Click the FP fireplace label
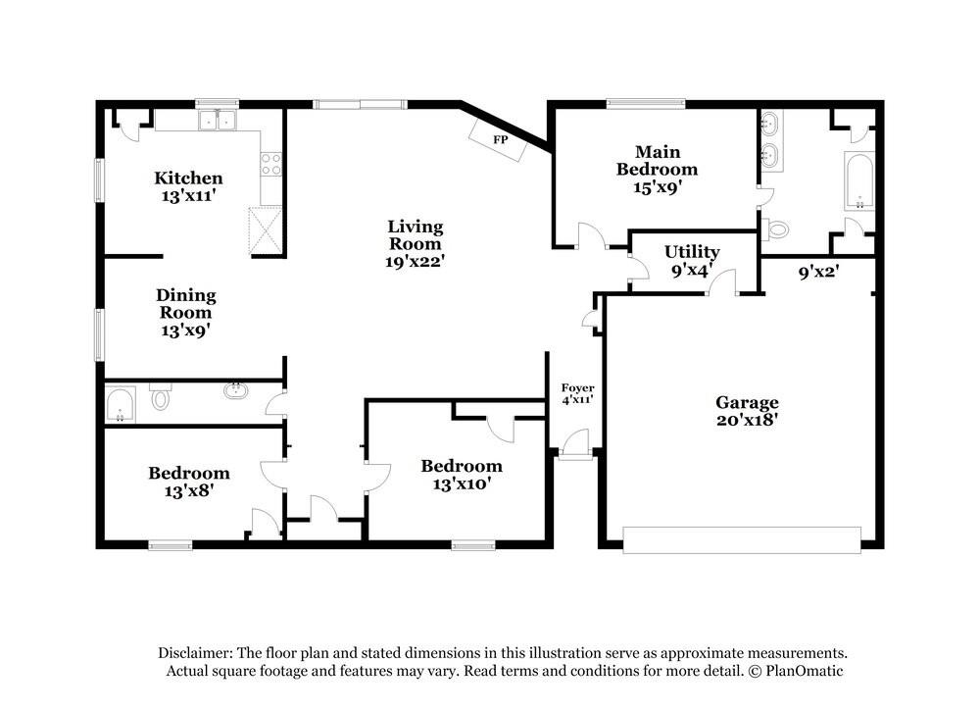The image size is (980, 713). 500,139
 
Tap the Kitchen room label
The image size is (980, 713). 188,178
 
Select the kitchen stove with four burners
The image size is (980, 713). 271,165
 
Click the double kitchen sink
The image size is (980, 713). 217,120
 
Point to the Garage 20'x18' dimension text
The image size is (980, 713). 747,419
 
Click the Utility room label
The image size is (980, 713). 692,251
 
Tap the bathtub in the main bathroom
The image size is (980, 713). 859,180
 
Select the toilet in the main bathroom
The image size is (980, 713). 775,229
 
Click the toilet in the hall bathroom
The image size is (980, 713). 161,396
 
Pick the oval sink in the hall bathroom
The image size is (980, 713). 236,391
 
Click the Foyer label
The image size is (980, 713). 577,387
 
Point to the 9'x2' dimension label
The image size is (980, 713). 818,272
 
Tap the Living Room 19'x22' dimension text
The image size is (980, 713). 415,262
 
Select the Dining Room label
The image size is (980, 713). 185,303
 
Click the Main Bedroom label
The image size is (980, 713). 657,160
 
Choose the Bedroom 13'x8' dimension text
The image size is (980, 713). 189,491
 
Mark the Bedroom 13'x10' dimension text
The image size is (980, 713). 462,484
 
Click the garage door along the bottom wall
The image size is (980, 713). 742,539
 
